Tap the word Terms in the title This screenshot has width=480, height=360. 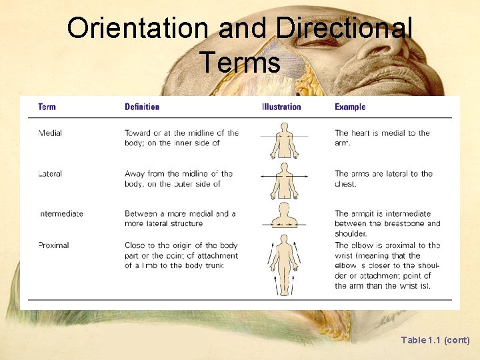[239, 63]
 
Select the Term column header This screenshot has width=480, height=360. [47, 107]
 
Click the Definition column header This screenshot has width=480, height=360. [142, 107]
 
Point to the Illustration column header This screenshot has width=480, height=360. [281, 107]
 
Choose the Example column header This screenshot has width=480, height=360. [350, 107]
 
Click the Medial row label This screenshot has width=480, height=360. [50, 133]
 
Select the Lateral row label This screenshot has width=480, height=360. [50, 174]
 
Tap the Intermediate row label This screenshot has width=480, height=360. [61, 214]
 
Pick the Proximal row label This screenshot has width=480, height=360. [53, 245]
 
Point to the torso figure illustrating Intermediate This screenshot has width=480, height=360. [284, 217]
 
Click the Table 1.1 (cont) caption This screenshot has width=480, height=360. [435, 340]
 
